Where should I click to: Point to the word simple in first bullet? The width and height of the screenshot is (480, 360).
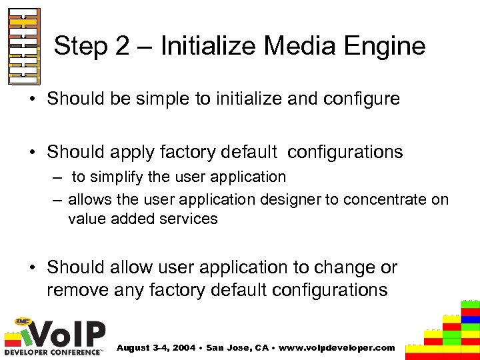coord(155,99)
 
